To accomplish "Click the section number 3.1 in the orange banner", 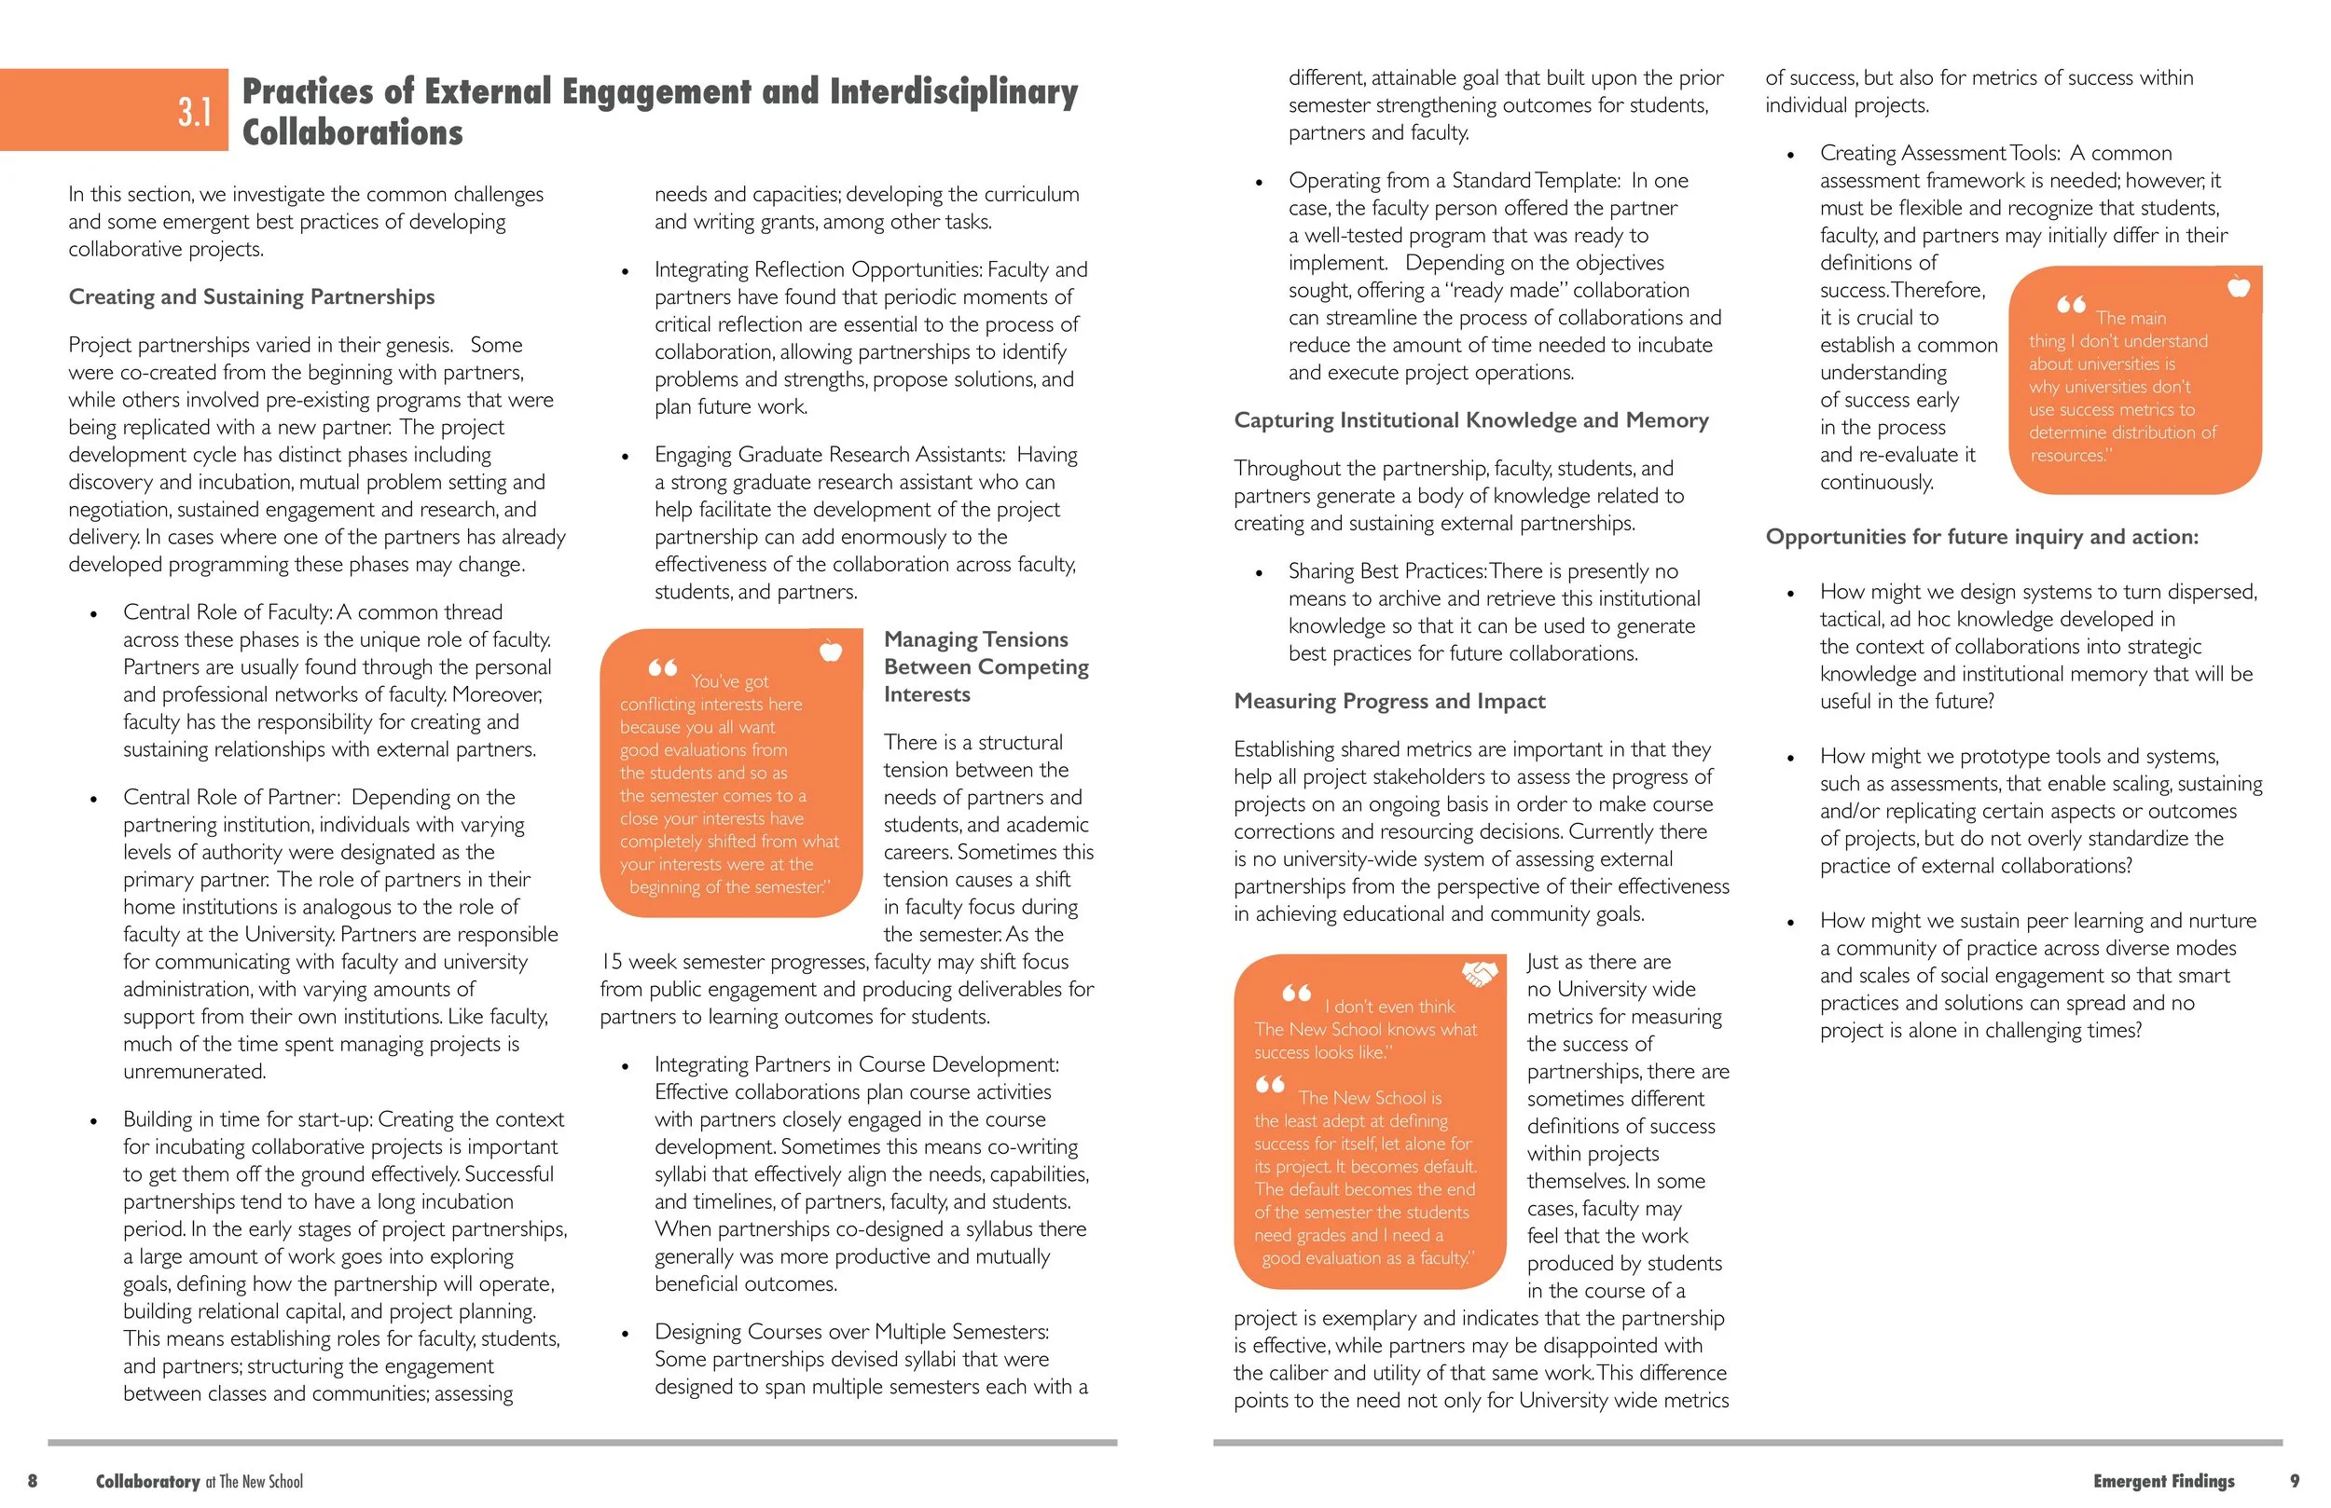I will (195, 112).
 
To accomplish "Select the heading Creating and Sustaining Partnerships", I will (252, 296).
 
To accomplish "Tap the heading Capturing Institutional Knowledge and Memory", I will (1471, 420).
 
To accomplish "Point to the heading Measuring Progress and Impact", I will (1388, 701).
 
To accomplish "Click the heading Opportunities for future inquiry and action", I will (1981, 537).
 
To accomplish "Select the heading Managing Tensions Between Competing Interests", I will (986, 666).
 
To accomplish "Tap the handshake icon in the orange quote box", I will (1479, 973).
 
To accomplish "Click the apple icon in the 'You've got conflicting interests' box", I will (831, 651).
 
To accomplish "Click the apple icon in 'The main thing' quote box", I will (2238, 287).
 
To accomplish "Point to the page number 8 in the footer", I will (33, 1481).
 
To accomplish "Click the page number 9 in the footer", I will (2294, 1481).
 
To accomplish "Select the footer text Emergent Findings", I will (2163, 1481).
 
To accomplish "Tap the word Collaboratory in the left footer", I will (148, 1481).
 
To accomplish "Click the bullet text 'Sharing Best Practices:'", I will (1387, 571).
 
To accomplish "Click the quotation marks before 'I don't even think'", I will (1297, 993).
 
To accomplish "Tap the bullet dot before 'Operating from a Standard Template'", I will (1260, 182).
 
